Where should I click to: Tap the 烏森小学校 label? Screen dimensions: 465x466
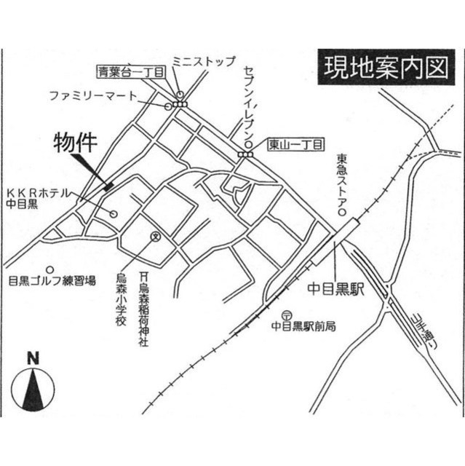121,299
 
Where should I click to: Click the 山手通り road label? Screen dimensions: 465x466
418,328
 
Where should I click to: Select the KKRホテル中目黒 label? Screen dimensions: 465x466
37,199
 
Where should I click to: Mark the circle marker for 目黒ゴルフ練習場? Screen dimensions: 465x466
49,267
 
